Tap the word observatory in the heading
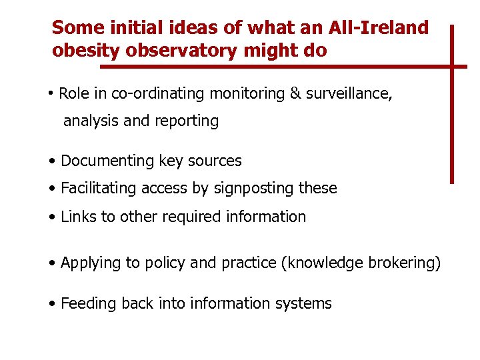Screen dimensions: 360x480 [x=181, y=51]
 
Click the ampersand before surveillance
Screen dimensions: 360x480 [x=295, y=93]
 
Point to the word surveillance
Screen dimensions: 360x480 [x=349, y=93]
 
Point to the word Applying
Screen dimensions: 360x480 [x=90, y=263]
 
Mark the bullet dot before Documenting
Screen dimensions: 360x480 [x=52, y=161]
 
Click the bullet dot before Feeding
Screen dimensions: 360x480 [x=52, y=304]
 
